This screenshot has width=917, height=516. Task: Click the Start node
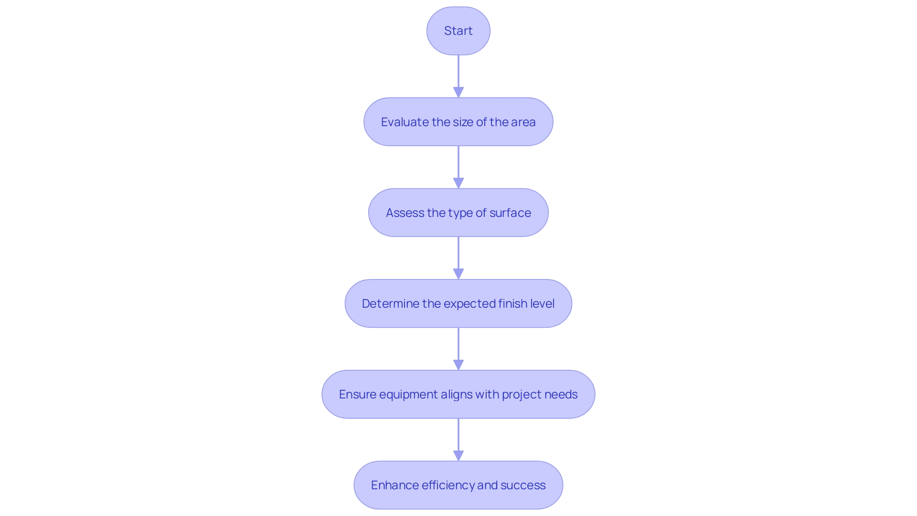pyautogui.click(x=458, y=31)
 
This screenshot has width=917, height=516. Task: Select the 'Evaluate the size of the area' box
pyautogui.click(x=458, y=122)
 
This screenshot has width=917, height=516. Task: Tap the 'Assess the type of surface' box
pyautogui.click(x=458, y=213)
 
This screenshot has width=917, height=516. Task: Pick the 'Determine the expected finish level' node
pyautogui.click(x=458, y=303)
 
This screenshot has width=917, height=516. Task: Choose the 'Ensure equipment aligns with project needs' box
pyautogui.click(x=458, y=394)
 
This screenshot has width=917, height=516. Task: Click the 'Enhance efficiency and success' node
pyautogui.click(x=458, y=485)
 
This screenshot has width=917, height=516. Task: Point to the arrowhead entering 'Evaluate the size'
pyautogui.click(x=458, y=92)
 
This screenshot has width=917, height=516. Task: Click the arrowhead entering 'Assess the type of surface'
pyautogui.click(x=458, y=183)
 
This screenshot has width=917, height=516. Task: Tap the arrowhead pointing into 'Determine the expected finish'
pyautogui.click(x=458, y=274)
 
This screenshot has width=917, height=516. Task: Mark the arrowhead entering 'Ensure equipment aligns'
pyautogui.click(x=458, y=365)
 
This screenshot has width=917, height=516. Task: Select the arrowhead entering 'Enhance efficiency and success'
pyautogui.click(x=458, y=455)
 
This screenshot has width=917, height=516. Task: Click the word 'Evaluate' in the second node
pyautogui.click(x=405, y=122)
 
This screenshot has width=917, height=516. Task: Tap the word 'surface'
pyautogui.click(x=510, y=213)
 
